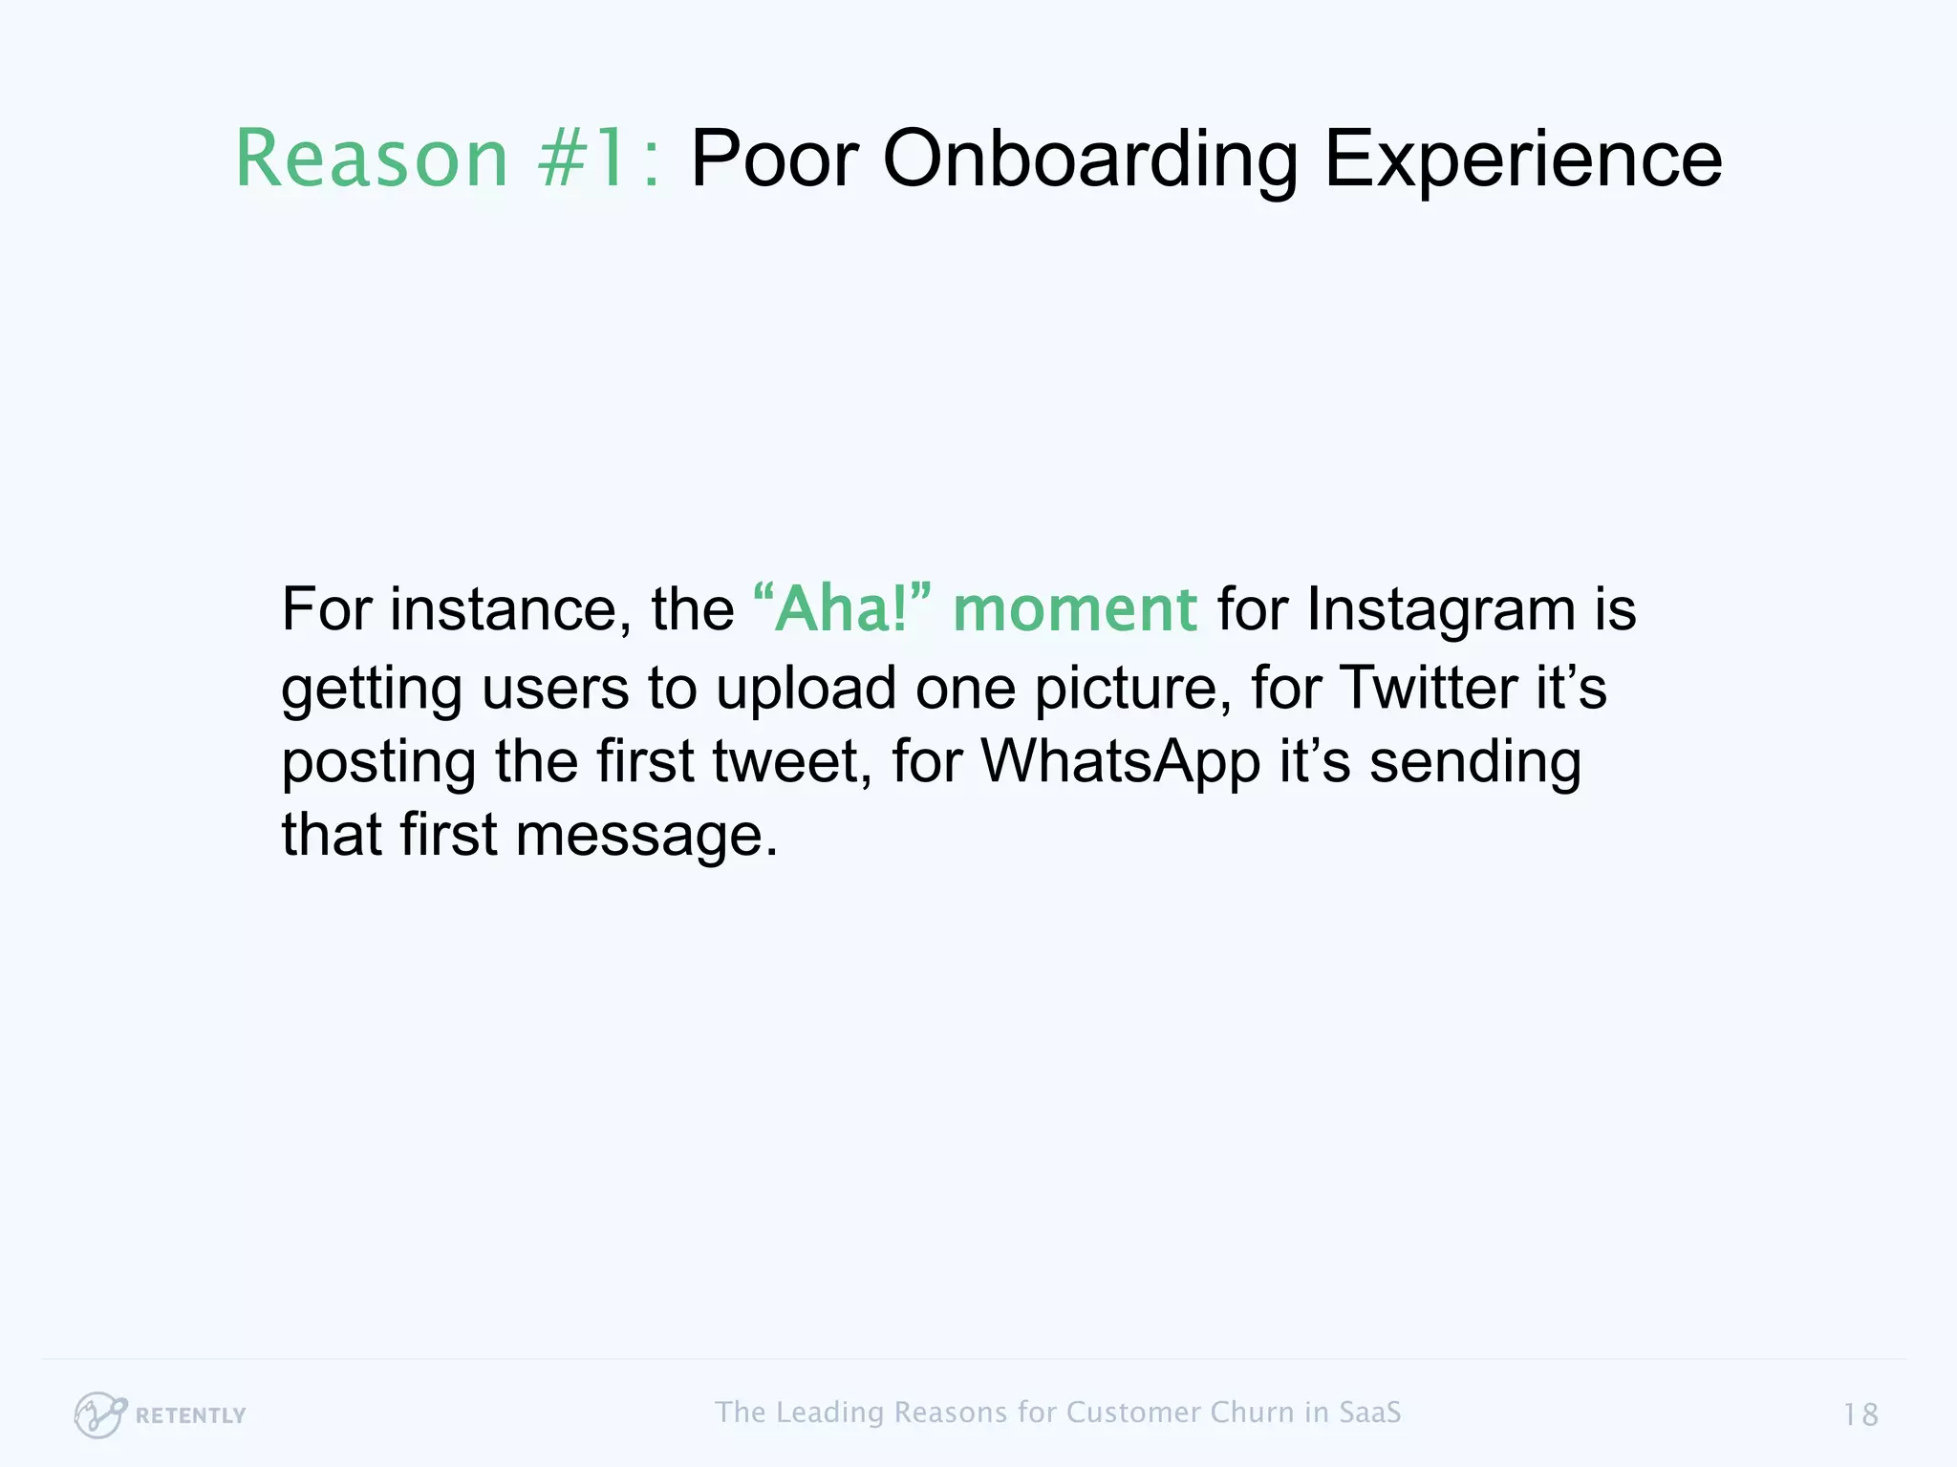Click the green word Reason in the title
point(372,159)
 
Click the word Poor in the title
point(774,159)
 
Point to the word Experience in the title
point(1523,159)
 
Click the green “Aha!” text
point(842,608)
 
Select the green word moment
point(1074,608)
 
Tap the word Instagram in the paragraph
point(1440,608)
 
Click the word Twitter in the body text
point(1428,687)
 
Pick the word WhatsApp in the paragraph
point(1121,761)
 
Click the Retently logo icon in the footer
point(99,1414)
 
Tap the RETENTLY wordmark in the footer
point(191,1415)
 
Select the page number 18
point(1860,1414)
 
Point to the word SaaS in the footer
point(1369,1412)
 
